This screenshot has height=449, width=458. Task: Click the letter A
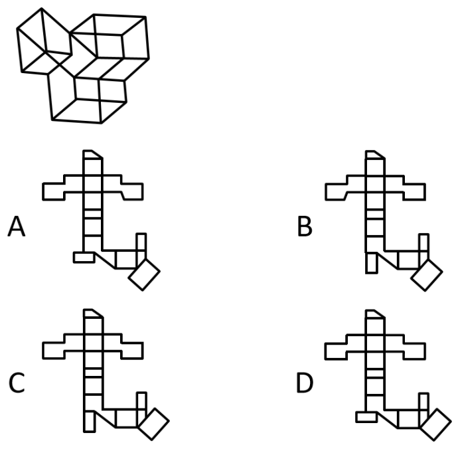pos(17,226)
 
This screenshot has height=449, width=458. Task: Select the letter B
pos(305,226)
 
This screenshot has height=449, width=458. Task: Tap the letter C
pos(17,383)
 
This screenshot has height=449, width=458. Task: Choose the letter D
pos(305,383)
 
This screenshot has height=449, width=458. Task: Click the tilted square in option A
pos(144,274)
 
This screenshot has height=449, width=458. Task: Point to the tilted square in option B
pos(427,275)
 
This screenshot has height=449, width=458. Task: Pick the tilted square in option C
pos(153,424)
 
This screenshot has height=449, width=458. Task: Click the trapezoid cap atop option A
pos(93,154)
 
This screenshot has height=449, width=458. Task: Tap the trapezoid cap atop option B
pos(375,155)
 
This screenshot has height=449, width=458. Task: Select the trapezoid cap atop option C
pos(94,314)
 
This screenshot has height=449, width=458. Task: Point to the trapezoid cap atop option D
pos(375,314)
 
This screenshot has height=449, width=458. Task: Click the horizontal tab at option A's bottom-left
pos(84,257)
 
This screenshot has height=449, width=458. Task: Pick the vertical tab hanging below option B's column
pos(372,263)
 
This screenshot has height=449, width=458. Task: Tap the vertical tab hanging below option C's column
pos(90,421)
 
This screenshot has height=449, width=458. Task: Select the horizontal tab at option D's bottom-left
pos(366,417)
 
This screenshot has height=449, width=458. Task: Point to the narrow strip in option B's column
pos(375,215)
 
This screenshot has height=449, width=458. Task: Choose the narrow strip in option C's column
pos(94,373)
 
